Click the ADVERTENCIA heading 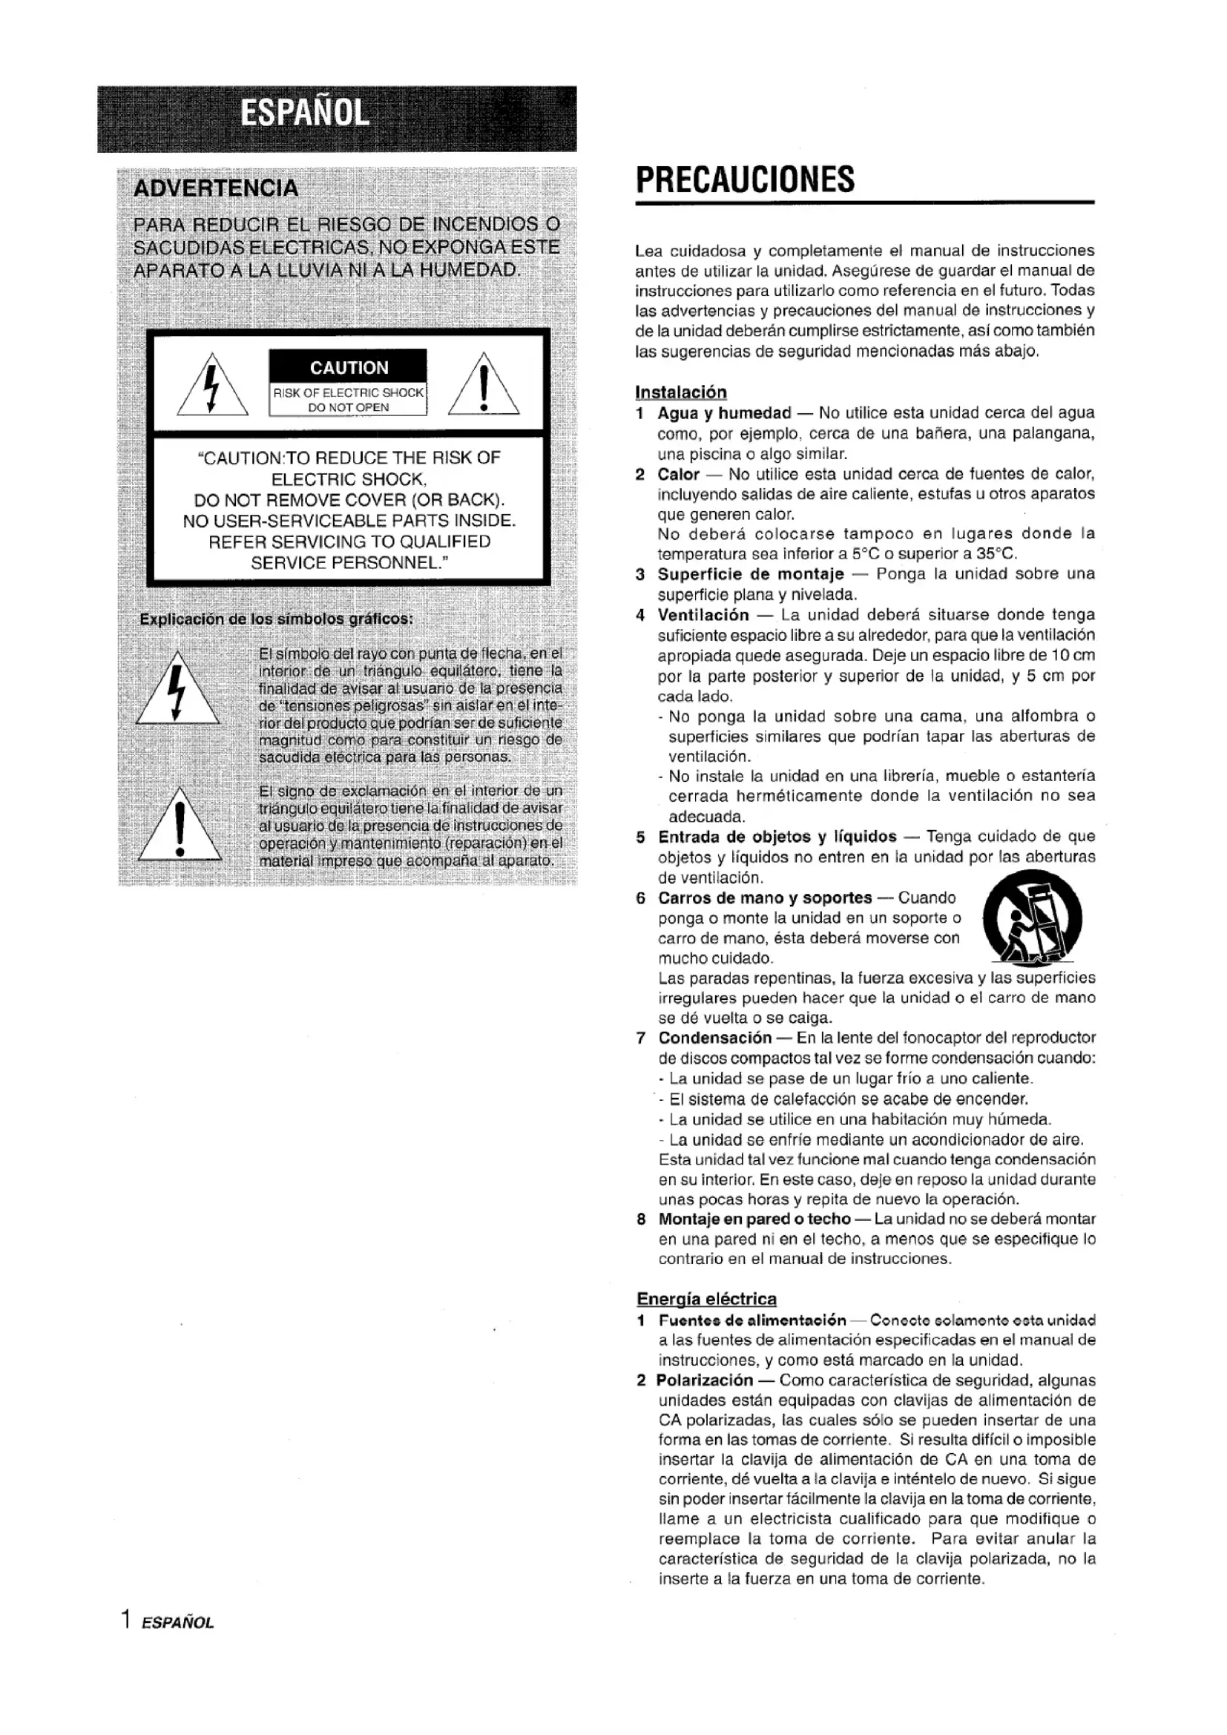click(215, 188)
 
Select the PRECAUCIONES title click(745, 180)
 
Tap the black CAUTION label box click(349, 367)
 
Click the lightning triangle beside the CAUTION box click(212, 386)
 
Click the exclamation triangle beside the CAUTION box click(484, 386)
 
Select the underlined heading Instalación click(681, 392)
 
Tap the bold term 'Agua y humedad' click(724, 412)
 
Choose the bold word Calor click(678, 474)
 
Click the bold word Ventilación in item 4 click(703, 615)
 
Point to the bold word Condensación click(714, 1038)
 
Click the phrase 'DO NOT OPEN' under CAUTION click(349, 407)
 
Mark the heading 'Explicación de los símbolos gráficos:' click(277, 619)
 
